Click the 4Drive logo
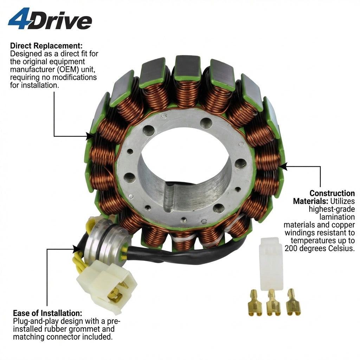tap(50, 19)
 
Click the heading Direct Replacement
tap(46, 46)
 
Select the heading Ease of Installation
tap(47, 313)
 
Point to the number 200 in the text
tap(291, 249)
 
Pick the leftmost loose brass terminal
tap(255, 302)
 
